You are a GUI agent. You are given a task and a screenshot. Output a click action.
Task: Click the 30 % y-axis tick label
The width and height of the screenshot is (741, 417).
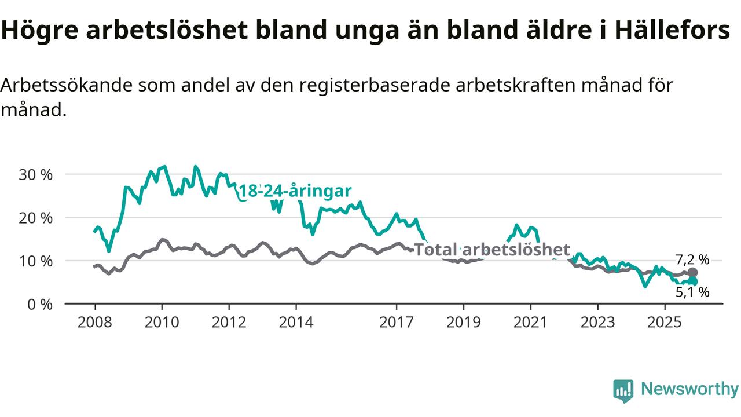click(x=35, y=174)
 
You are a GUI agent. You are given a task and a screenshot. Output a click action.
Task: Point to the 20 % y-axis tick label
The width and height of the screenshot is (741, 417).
click(x=35, y=218)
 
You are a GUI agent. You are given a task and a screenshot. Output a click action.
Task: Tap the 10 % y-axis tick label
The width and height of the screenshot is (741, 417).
click(x=35, y=261)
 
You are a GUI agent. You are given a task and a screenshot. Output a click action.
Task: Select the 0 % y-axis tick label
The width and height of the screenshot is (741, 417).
click(x=39, y=304)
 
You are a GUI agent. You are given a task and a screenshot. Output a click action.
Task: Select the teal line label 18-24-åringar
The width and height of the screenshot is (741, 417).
click(x=295, y=192)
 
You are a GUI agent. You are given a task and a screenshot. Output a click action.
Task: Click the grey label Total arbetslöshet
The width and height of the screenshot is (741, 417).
click(x=493, y=250)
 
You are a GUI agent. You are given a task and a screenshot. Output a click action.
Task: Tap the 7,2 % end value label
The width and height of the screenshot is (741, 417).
click(x=692, y=259)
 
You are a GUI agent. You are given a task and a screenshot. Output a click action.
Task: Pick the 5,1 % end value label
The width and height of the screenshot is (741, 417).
click(x=692, y=292)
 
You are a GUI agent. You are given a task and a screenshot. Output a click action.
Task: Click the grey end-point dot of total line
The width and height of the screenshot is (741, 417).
click(x=692, y=272)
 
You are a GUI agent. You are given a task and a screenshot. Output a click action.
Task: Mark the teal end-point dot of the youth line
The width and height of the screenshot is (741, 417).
click(x=692, y=281)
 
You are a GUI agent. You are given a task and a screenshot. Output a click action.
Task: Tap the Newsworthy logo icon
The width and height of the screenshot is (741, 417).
click(x=623, y=390)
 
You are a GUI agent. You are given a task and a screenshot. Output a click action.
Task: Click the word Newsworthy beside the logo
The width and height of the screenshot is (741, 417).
click(x=689, y=389)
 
